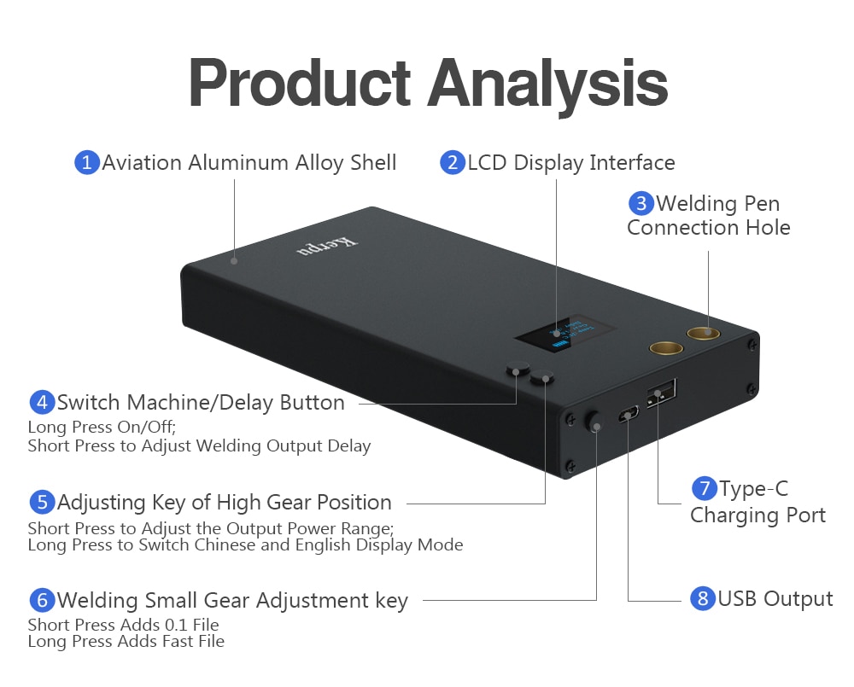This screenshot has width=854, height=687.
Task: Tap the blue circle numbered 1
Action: coord(86,162)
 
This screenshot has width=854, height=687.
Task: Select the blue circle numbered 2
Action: coord(452,162)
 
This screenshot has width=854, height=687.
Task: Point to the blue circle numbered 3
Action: coord(641,203)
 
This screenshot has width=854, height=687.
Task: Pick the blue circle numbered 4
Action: coord(42,402)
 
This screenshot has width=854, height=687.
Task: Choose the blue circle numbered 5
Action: coord(42,502)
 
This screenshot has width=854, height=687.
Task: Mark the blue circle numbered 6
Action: coord(42,600)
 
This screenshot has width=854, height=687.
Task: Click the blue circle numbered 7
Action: coord(704,488)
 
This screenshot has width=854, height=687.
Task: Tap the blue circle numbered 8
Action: coord(702,598)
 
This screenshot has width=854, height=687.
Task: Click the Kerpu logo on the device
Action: coord(328,246)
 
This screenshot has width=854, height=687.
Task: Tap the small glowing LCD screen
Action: coord(565,332)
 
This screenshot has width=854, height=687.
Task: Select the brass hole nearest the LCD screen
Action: coord(665,348)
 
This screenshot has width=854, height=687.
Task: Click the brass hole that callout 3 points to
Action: coord(703,333)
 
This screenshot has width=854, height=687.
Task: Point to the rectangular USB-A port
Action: coord(661,393)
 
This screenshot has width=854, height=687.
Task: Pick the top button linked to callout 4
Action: coord(518,368)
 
